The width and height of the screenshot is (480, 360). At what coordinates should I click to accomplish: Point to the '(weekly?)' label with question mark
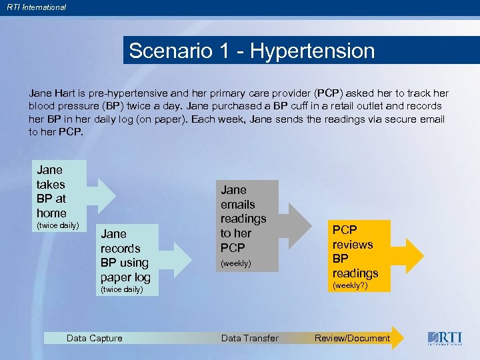click(x=351, y=286)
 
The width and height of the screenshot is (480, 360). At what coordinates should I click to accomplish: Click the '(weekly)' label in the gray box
click(x=236, y=263)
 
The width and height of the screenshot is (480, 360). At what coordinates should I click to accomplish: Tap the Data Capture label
click(x=95, y=338)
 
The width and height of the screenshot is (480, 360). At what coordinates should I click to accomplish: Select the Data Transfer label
click(x=250, y=338)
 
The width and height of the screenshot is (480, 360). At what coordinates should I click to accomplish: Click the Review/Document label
click(x=352, y=338)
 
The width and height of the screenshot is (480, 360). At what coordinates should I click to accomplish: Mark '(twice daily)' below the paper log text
click(x=121, y=290)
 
